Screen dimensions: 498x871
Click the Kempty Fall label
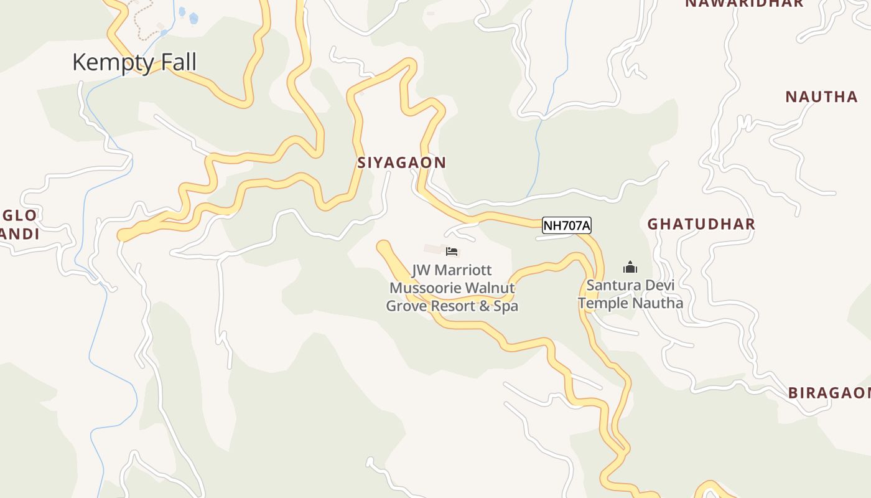tap(134, 62)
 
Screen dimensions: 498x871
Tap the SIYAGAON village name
tap(401, 162)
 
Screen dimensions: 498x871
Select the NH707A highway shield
tap(566, 225)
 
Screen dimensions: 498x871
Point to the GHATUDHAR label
tap(701, 224)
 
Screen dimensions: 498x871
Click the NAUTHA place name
tap(821, 96)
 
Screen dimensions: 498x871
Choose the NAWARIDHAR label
tap(744, 3)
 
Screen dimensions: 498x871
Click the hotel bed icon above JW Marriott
tap(452, 251)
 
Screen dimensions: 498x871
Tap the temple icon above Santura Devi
tap(630, 268)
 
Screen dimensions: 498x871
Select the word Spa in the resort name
tap(506, 306)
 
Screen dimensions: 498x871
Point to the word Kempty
tap(112, 62)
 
